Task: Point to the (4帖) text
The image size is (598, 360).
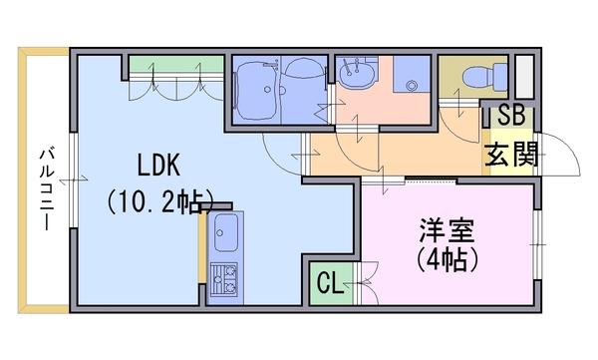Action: click(x=444, y=261)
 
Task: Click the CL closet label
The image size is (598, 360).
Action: click(x=329, y=285)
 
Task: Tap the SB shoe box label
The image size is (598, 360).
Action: click(x=511, y=115)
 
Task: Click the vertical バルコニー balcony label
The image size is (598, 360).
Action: click(x=46, y=188)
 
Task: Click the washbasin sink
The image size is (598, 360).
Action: click(x=354, y=74)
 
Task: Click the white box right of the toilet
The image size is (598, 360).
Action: click(x=524, y=79)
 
